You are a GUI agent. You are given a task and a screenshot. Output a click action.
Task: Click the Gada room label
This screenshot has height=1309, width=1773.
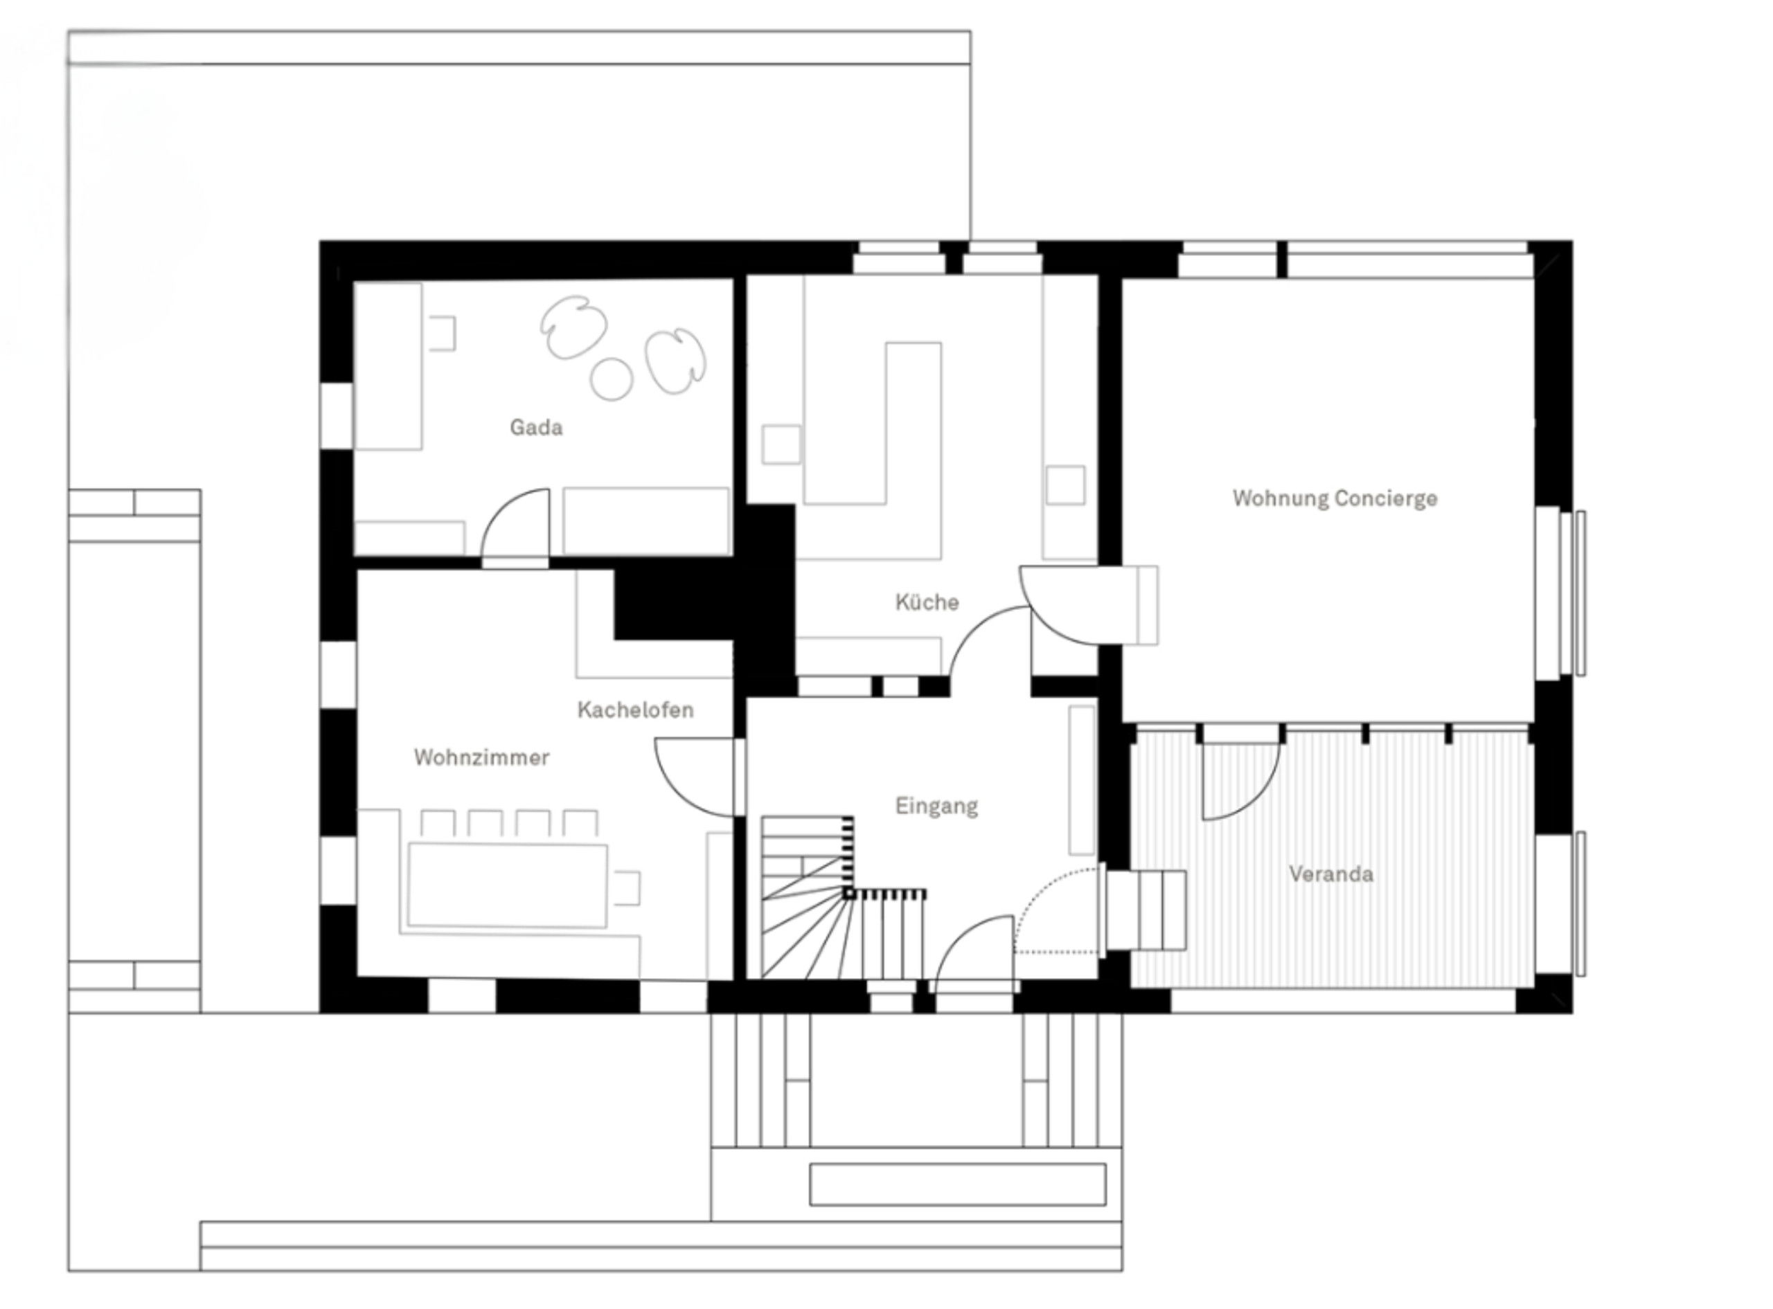click(x=536, y=428)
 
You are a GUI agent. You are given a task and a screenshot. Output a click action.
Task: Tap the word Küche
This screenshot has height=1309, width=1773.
click(x=927, y=602)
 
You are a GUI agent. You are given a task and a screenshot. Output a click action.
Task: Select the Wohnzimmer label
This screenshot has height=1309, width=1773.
click(x=481, y=757)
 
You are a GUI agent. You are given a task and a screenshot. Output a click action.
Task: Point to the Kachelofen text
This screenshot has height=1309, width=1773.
click(x=635, y=710)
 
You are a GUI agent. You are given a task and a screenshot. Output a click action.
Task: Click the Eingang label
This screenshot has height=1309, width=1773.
click(x=936, y=806)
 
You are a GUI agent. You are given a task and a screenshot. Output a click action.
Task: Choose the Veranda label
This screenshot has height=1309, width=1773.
click(x=1330, y=874)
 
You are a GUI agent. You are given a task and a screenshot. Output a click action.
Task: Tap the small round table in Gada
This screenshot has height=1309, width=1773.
click(x=612, y=379)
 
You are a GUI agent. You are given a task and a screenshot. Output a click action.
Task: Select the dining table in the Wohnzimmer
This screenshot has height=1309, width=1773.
click(x=507, y=885)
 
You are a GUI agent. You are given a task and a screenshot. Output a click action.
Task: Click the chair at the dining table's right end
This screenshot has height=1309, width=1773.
click(x=627, y=887)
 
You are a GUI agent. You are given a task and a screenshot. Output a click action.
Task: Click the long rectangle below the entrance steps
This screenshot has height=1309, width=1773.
click(x=957, y=1184)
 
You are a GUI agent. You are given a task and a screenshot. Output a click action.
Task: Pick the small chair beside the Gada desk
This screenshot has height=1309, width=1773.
click(x=443, y=333)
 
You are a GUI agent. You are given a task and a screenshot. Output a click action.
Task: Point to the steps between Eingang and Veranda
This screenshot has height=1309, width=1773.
click(x=1146, y=910)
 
